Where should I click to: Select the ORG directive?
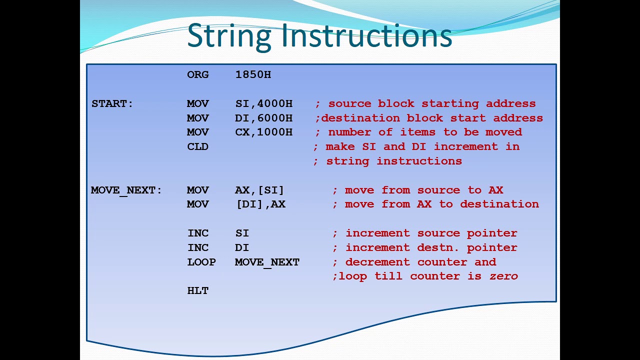click(197, 74)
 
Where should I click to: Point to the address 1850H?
click(253, 74)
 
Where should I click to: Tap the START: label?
click(112, 103)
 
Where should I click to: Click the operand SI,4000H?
click(263, 103)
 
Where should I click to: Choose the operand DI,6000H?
click(263, 118)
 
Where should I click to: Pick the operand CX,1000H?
click(263, 132)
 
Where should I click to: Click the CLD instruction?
click(197, 146)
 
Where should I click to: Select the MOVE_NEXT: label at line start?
click(126, 190)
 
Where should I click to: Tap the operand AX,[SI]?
click(259, 190)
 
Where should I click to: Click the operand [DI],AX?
click(260, 204)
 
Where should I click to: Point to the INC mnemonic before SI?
click(198, 233)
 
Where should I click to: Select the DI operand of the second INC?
click(241, 247)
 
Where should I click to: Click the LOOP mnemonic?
click(201, 262)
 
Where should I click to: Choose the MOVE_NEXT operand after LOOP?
click(267, 262)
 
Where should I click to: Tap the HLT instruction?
click(197, 290)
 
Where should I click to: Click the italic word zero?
click(503, 276)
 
